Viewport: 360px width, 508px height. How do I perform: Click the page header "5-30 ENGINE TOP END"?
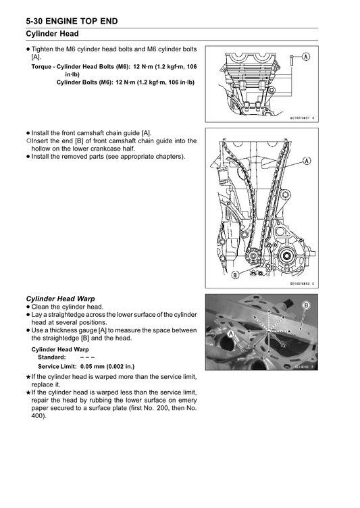72,22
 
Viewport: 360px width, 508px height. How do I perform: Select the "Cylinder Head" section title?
52,34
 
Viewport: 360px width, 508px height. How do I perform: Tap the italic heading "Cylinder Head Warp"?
60,299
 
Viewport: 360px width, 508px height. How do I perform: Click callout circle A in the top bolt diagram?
306,57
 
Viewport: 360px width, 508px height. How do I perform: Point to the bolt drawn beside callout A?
292,61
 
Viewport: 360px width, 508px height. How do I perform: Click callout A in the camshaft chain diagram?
307,160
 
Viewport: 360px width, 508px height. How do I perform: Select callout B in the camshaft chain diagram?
235,275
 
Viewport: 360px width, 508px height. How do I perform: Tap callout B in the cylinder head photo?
306,305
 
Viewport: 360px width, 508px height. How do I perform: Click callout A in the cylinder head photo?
231,334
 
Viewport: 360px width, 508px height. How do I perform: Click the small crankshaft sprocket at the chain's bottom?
252,257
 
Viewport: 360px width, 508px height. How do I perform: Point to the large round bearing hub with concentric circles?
287,256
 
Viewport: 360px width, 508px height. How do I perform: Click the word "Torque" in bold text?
41,67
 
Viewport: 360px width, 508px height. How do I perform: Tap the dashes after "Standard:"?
88,357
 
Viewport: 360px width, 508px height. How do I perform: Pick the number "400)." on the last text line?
39,415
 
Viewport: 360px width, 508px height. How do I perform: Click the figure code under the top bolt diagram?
302,118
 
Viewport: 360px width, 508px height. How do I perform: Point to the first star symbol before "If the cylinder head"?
28,377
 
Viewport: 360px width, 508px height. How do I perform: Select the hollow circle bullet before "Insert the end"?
28,141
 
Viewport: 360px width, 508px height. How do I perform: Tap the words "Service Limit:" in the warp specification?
57,366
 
